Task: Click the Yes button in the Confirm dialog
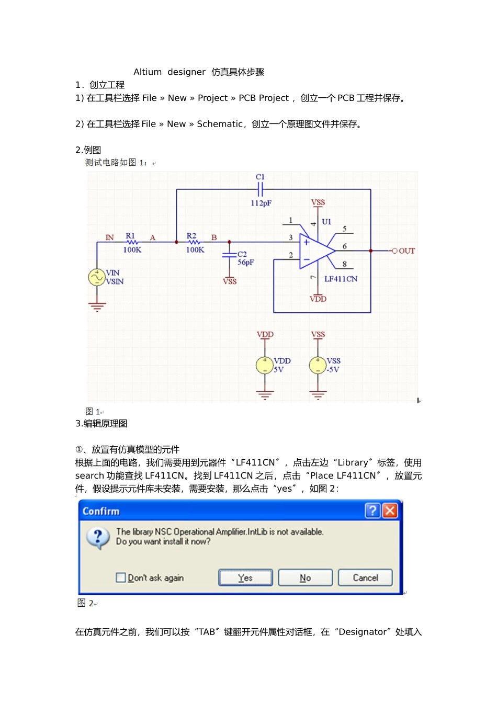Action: [x=245, y=577]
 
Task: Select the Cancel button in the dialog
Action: [x=365, y=577]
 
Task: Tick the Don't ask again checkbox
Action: [x=121, y=577]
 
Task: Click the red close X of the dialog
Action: [x=390, y=511]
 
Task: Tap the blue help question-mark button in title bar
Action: [x=372, y=511]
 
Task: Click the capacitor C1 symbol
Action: [x=260, y=189]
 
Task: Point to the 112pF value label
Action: [x=261, y=203]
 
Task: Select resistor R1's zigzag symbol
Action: [x=132, y=242]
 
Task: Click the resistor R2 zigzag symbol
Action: [x=194, y=242]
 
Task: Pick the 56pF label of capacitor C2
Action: [x=246, y=263]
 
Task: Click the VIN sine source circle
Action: [x=97, y=277]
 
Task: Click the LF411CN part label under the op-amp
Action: [x=341, y=279]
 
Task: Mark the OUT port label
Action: [x=406, y=251]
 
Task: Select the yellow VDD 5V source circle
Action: [x=265, y=365]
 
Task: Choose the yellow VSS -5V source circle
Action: [x=318, y=365]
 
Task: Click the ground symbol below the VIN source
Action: [x=97, y=307]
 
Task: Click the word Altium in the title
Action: [x=148, y=72]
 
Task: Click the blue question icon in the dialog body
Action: [x=98, y=537]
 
